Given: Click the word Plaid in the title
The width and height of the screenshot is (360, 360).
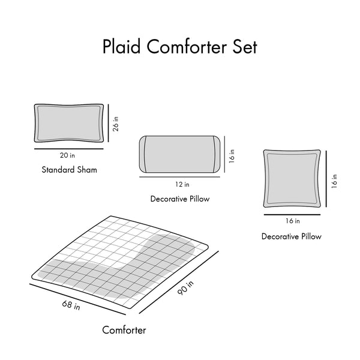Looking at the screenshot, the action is (x=121, y=47).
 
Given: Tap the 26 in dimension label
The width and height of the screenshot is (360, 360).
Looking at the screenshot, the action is (x=116, y=124).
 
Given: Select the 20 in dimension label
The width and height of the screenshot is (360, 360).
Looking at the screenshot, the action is (x=67, y=155).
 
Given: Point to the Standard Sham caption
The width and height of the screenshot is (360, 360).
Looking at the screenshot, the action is (x=70, y=170).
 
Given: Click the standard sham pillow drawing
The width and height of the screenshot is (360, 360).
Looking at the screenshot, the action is (x=69, y=123).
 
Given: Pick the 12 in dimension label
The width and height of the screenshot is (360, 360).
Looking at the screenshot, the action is (x=182, y=184).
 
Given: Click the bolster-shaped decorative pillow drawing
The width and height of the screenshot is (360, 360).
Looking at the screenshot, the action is (x=179, y=154).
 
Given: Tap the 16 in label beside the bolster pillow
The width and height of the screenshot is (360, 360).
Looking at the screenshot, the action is (x=232, y=156).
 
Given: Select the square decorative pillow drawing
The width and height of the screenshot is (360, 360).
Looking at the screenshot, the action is (x=292, y=178).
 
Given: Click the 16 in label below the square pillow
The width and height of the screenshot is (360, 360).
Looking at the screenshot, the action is (x=293, y=221).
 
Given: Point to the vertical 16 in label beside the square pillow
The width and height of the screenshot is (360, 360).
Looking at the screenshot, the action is (x=335, y=181).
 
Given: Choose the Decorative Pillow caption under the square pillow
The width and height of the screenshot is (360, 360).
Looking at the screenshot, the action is (x=292, y=236).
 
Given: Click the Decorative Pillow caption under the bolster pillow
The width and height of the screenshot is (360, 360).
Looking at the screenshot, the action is (x=180, y=199).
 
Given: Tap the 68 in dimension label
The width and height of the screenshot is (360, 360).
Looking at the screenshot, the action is (x=71, y=305).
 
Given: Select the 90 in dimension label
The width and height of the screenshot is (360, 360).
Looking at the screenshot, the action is (x=185, y=288).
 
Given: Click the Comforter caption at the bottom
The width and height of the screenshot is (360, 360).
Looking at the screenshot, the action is (x=124, y=330).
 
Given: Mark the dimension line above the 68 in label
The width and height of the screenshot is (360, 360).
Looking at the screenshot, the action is (x=77, y=299).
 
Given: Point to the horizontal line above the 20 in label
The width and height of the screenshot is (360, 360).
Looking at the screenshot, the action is (x=69, y=149).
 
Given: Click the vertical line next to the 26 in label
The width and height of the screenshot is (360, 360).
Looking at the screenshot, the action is (x=109, y=123).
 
